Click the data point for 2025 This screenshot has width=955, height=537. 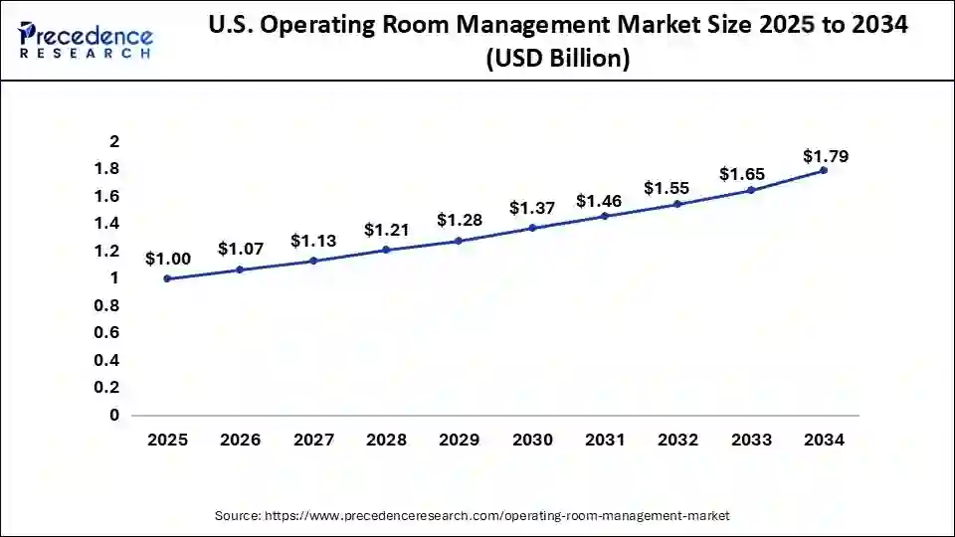(x=167, y=278)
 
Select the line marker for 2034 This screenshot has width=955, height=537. (x=823, y=170)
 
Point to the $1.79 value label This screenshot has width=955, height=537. (x=826, y=156)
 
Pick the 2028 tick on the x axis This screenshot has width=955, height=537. (x=386, y=441)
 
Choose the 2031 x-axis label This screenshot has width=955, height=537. (x=605, y=441)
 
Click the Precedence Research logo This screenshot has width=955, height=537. (x=86, y=40)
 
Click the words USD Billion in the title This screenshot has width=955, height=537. (x=558, y=60)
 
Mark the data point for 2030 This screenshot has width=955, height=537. (x=531, y=228)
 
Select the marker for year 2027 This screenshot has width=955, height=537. (x=313, y=261)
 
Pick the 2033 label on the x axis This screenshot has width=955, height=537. (x=750, y=441)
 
